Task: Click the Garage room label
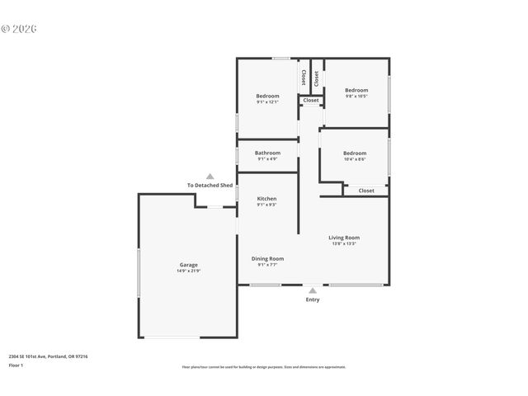coord(188,264)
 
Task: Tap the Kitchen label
coord(266,199)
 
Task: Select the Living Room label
coord(345,238)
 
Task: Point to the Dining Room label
coord(267,258)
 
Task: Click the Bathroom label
coord(267,153)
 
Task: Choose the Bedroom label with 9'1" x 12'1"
coord(267,96)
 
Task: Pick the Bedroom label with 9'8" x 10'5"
coord(356,90)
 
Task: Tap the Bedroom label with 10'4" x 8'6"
coord(355,153)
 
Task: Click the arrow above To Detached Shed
coord(210,177)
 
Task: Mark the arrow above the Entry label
coord(313,290)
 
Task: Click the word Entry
coord(313,299)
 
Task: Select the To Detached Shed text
coord(210,186)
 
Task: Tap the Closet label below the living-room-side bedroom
coord(365,191)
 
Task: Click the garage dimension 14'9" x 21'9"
coord(188,271)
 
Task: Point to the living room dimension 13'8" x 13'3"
coord(345,244)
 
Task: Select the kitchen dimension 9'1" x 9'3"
coord(266,205)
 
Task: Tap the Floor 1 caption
coord(16,365)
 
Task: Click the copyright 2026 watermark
coord(19,28)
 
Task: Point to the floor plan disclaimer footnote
coord(263,367)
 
